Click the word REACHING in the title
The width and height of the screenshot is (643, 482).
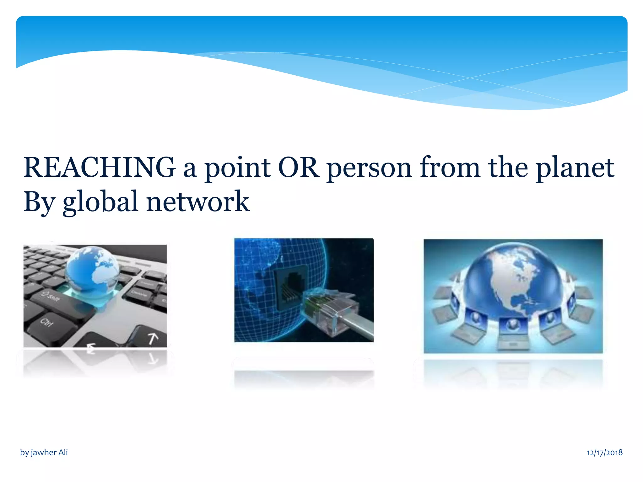[x=99, y=168]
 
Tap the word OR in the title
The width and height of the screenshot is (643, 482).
[x=298, y=168]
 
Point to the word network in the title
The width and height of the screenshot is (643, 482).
[x=198, y=202]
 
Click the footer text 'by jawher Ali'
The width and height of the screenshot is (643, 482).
[x=44, y=453]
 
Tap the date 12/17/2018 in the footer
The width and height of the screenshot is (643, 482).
[x=604, y=453]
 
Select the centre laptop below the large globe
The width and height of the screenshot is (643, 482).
[x=512, y=331]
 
